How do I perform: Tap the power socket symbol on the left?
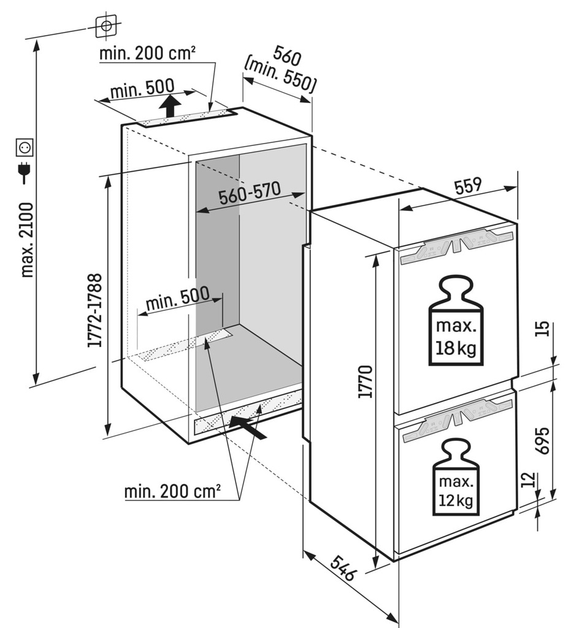[x=25, y=148]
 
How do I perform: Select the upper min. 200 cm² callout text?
[x=147, y=53]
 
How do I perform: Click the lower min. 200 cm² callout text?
[x=172, y=492]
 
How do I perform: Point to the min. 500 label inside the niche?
[x=177, y=300]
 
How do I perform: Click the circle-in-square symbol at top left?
[x=106, y=26]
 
